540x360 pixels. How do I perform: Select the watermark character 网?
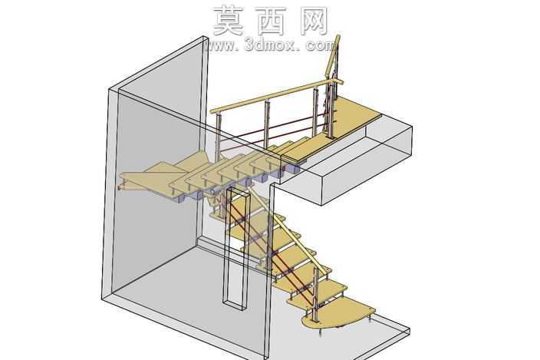tap(314, 21)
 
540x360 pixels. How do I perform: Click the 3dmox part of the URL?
tap(270, 45)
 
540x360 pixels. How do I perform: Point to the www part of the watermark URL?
tap(219, 45)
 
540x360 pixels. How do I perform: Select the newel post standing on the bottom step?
tap(315, 294)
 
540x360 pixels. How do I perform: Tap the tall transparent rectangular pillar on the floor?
tap(236, 249)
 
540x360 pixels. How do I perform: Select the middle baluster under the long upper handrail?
tap(267, 124)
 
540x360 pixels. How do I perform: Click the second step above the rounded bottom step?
tap(303, 272)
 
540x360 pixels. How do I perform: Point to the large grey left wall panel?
tap(155, 193)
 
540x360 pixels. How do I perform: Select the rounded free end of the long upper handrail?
tap(213, 111)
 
